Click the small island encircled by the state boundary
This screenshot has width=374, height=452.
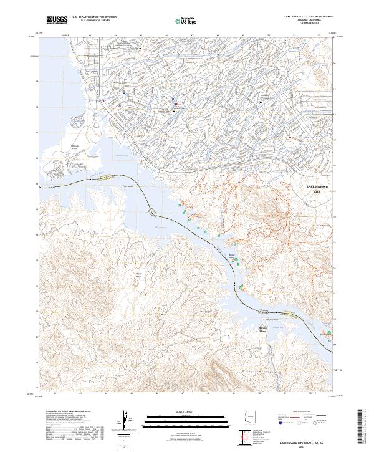(x=154, y=211)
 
